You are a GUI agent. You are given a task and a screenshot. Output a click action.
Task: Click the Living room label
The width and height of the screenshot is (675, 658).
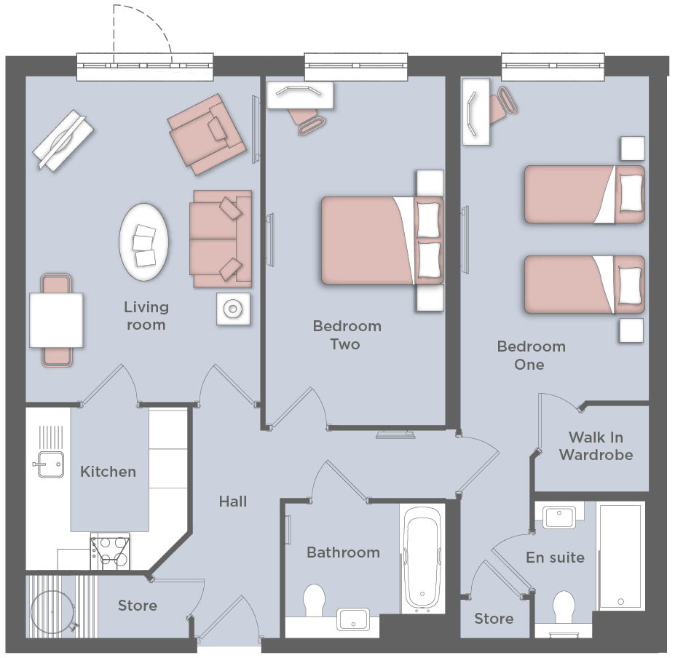[146, 315]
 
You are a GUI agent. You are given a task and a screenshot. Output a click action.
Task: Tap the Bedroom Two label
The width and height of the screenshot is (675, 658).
[347, 335]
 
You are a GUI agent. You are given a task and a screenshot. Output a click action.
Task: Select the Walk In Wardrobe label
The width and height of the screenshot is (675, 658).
[596, 446]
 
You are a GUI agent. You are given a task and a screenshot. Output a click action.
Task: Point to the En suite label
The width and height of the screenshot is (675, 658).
[556, 558]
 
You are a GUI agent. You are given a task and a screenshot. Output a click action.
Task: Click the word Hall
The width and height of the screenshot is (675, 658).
[233, 502]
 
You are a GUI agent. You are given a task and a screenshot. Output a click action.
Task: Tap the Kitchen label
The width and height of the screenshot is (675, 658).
[108, 472]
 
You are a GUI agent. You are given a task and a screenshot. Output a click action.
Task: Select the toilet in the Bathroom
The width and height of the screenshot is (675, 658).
[314, 600]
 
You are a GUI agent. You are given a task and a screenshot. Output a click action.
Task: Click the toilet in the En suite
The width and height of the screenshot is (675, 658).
[564, 608]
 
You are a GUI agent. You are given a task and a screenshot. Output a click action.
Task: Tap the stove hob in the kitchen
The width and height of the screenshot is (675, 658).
[110, 553]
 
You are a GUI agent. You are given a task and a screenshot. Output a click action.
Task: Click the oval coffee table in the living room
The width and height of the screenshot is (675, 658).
[143, 242]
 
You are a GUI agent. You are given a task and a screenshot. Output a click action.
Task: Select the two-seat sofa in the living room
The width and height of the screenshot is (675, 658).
[221, 239]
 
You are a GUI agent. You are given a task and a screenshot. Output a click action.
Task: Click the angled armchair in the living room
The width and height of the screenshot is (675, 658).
[207, 135]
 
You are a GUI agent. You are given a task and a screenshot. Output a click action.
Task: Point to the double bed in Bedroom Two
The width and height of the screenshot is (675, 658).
[383, 240]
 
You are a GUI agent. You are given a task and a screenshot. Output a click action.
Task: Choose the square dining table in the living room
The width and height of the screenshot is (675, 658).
[56, 320]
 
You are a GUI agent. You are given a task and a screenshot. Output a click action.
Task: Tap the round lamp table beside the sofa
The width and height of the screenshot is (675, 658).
[233, 309]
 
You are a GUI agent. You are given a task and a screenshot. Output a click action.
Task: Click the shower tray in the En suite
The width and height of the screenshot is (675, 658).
[620, 557]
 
